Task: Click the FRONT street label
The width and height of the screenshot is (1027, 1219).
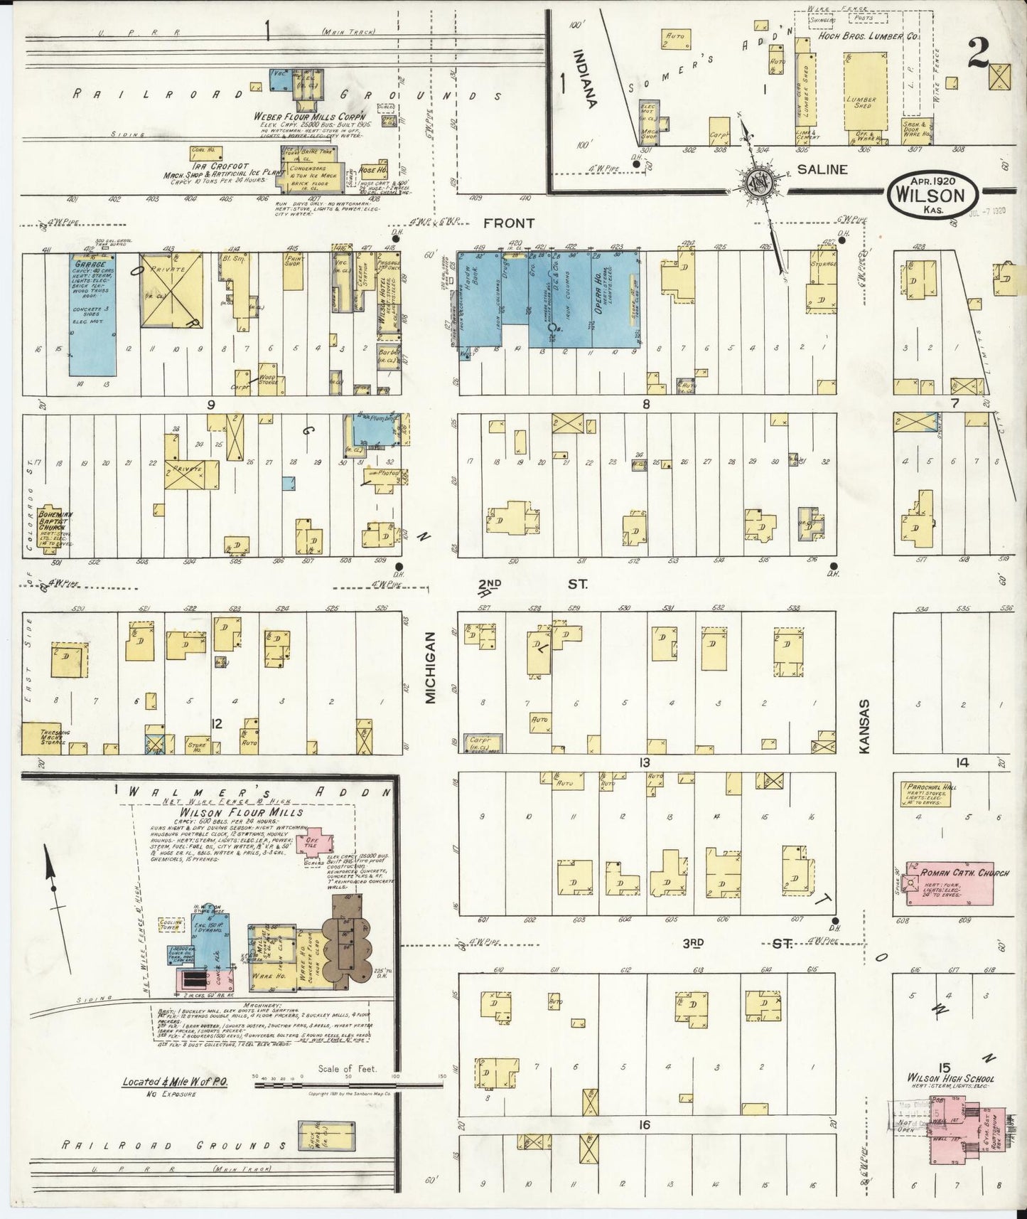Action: (510, 223)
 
